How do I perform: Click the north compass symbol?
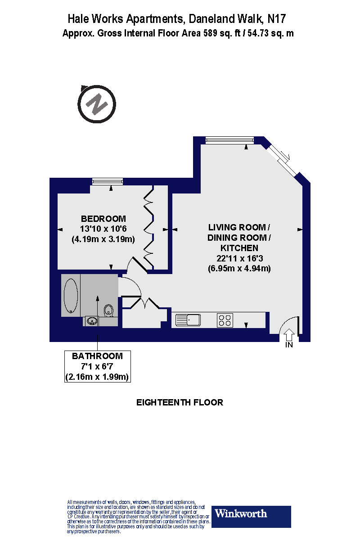(x=97, y=105)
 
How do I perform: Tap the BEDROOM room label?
(x=103, y=219)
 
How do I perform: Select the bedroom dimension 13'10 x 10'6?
(x=103, y=229)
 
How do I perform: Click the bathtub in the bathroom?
(x=71, y=296)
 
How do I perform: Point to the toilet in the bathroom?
(x=108, y=310)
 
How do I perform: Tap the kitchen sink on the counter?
(x=189, y=320)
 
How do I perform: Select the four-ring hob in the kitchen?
(x=225, y=320)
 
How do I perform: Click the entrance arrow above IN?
(x=289, y=334)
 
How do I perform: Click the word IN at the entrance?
(x=289, y=345)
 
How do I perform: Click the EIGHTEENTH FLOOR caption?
(x=180, y=402)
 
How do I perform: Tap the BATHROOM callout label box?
(x=98, y=366)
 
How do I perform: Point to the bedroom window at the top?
(x=107, y=181)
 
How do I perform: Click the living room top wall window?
(x=227, y=141)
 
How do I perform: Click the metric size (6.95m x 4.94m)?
(x=239, y=269)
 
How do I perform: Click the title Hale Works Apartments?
(x=126, y=19)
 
